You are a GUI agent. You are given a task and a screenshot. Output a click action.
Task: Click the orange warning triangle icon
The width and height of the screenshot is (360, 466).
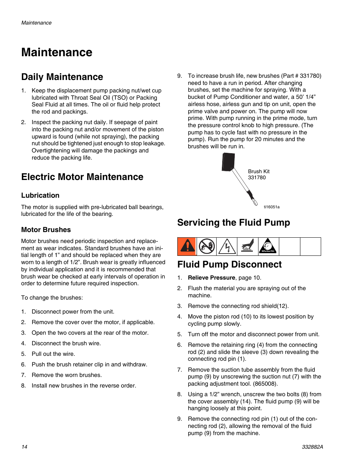point(187,246)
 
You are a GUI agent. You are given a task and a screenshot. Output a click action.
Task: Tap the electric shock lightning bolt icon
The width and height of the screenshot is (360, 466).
point(227,247)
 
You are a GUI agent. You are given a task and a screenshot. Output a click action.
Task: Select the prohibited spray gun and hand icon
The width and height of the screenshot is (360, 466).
point(207,246)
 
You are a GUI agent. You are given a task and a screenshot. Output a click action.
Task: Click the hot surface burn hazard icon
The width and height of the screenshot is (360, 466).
point(248,246)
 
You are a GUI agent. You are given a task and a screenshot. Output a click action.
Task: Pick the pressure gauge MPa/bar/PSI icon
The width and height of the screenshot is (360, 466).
point(268,246)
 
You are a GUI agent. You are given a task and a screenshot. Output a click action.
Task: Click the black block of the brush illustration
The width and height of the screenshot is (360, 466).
point(228,162)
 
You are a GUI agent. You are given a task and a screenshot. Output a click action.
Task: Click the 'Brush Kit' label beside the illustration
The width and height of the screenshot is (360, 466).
point(258,171)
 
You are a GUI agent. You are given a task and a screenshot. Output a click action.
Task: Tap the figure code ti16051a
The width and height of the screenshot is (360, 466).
point(271,207)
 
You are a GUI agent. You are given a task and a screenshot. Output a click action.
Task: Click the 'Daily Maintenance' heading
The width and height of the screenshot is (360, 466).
point(62,77)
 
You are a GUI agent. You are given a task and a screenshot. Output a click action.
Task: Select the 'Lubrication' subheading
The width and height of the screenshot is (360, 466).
point(40,195)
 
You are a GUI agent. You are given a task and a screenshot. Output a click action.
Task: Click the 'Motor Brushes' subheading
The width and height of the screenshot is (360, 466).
point(46,230)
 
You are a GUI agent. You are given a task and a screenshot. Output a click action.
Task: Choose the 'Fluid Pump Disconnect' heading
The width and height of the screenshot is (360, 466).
point(229,265)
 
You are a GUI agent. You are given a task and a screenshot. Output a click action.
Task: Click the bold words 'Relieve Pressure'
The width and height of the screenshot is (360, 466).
point(211,278)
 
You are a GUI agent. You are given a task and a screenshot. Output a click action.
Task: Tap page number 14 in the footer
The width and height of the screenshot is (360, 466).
point(24,447)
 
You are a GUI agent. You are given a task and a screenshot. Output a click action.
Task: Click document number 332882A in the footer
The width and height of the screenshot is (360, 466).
point(312,447)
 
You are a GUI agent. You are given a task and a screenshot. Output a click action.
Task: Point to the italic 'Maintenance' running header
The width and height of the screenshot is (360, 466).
point(36,23)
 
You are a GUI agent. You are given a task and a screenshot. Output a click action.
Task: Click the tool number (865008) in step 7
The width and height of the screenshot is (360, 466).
point(265,384)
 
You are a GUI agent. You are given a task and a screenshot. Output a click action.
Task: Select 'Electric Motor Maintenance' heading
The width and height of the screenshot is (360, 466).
point(82,177)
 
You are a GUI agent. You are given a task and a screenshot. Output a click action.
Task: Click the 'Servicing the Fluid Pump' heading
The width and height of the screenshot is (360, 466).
point(234,223)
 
